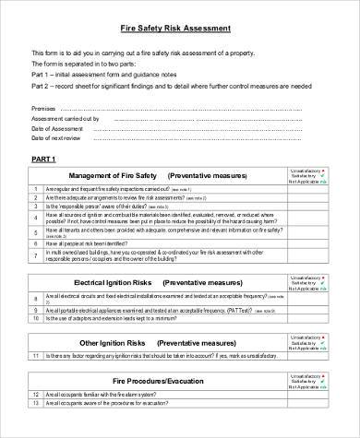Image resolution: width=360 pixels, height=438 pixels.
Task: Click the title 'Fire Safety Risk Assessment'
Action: (179, 29)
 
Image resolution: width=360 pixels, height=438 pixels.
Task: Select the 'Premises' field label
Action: (45, 108)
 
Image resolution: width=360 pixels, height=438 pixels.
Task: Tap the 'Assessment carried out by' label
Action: (67, 118)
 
